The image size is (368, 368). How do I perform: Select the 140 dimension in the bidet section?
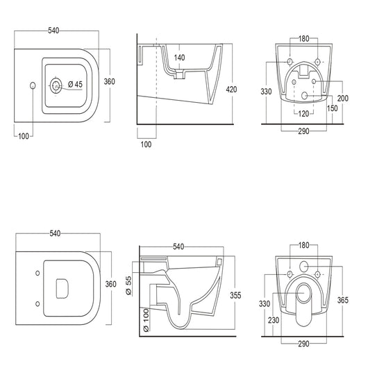coord(179,58)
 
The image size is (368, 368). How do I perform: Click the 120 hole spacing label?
coord(303,112)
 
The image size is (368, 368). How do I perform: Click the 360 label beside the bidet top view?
coord(108,81)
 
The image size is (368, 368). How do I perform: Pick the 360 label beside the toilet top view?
coord(108,283)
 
